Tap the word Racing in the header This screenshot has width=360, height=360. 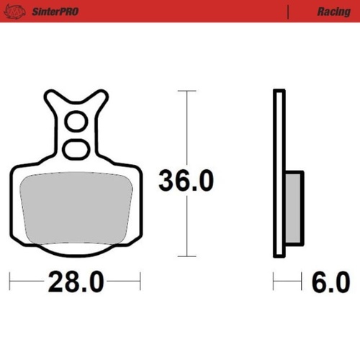tap(333, 12)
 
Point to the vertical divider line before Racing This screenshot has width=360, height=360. tap(288, 12)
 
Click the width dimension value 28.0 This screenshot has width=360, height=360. tap(76, 281)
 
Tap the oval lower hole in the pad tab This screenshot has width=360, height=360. tap(75, 148)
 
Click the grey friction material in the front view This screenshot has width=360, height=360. tap(75, 209)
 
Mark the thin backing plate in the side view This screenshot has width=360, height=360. tap(279, 173)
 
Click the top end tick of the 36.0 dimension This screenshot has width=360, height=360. tap(186, 91)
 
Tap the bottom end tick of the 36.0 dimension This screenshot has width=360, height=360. tap(186, 256)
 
